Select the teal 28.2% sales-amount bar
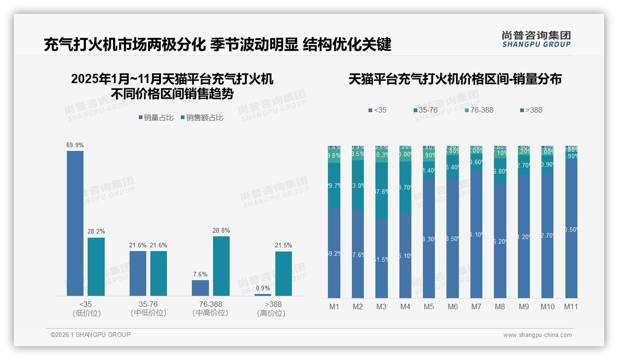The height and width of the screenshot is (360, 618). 96,266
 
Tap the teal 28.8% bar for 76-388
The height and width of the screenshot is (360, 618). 221,266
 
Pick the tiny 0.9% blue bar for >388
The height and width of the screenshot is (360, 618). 262,294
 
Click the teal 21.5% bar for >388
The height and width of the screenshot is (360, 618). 284,273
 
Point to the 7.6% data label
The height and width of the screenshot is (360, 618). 200,274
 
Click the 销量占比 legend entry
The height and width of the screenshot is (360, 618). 155,118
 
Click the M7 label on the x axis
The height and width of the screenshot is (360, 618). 476,307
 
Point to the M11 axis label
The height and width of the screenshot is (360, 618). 571,307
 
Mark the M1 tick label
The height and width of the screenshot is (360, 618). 334,307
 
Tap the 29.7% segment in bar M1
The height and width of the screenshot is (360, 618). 334,186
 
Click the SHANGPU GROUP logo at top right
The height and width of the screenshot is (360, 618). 536,39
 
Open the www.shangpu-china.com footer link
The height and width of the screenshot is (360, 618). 537,335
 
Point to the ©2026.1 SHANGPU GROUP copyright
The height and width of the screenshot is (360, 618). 90,335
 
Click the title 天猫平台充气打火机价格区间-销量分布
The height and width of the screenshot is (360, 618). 455,79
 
